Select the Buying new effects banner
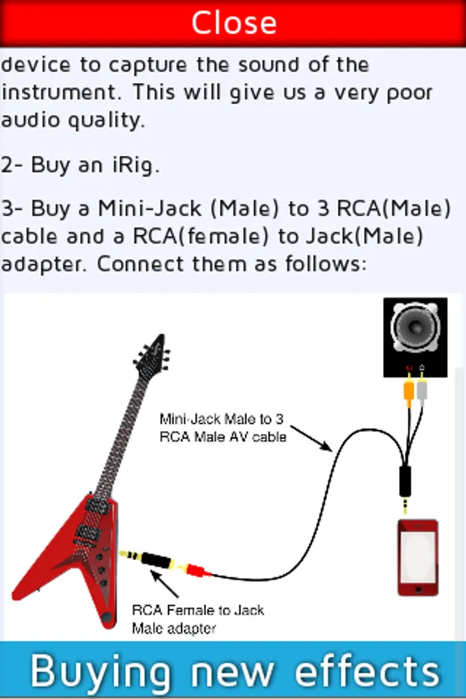pyautogui.click(x=233, y=669)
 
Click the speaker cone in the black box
pyautogui.click(x=416, y=329)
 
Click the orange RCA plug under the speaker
pyautogui.click(x=408, y=389)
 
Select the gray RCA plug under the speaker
pyautogui.click(x=422, y=388)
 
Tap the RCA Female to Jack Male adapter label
pyautogui.click(x=197, y=618)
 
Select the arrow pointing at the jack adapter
pyautogui.click(x=164, y=586)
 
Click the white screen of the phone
pyautogui.click(x=417, y=555)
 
